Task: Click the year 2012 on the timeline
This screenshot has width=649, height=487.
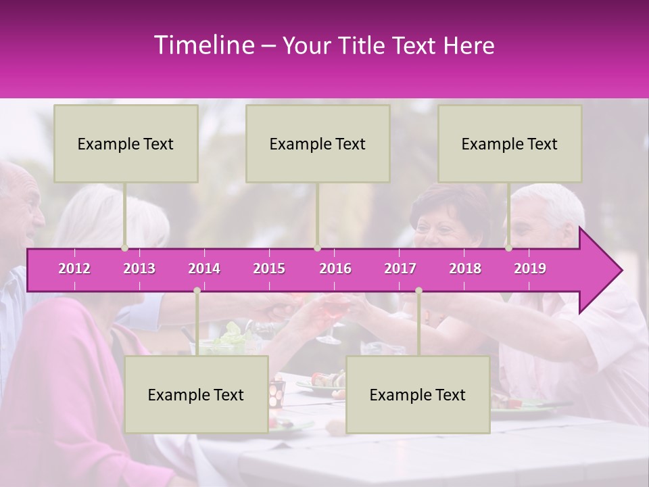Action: coord(74,269)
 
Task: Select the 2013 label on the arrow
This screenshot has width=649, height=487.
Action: coord(139,269)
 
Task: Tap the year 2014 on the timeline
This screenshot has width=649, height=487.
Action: coord(204,269)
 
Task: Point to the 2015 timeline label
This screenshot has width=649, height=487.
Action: coord(269,269)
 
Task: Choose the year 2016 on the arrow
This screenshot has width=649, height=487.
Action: coord(335,269)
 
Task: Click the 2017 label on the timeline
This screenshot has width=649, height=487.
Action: coord(400,269)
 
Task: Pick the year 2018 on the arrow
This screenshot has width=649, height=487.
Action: coord(465,269)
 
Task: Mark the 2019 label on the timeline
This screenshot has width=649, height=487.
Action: coord(530,269)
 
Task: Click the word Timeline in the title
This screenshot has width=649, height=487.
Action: coord(203,45)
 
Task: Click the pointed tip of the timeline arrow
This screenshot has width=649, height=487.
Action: coord(621,271)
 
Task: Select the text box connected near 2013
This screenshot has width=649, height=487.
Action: coord(126,143)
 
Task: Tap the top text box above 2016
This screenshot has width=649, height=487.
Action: coord(318,143)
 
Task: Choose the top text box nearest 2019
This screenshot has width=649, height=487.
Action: coord(510,143)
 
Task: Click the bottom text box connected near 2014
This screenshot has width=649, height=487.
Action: coord(196,394)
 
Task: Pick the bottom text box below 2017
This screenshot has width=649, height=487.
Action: coord(418,394)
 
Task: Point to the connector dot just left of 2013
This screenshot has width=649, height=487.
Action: coord(125,248)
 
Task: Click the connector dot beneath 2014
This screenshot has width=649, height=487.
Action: coord(197,291)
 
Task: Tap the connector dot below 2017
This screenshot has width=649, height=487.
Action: coord(418,291)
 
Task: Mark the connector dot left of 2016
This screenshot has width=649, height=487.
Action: coord(317,248)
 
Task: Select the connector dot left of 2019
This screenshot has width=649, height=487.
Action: coord(509,248)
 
